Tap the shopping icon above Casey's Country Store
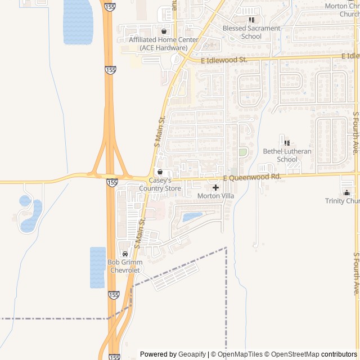click(x=160, y=172)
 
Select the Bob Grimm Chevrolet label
click(x=125, y=266)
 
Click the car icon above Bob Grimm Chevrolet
click(x=125, y=254)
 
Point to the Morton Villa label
click(x=215, y=196)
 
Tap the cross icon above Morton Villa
click(x=215, y=187)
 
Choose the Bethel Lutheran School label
click(x=287, y=155)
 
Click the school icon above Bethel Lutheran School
click(x=287, y=143)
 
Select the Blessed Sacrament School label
click(x=251, y=32)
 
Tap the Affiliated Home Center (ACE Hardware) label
click(x=164, y=43)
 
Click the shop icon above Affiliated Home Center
click(x=164, y=31)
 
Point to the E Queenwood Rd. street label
click(x=251, y=177)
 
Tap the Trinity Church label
click(x=343, y=201)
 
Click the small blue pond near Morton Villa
click(x=193, y=216)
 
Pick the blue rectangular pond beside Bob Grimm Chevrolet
click(x=97, y=267)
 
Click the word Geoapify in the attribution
click(x=192, y=354)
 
